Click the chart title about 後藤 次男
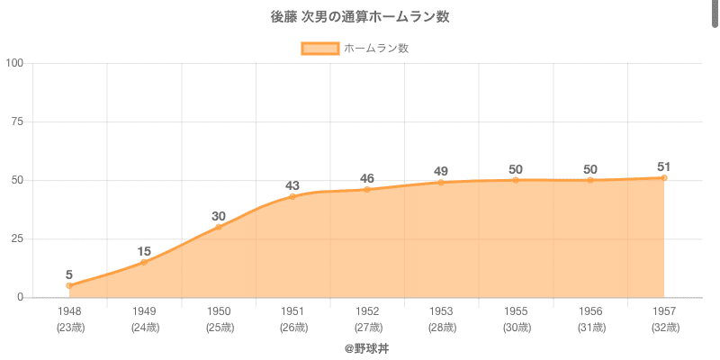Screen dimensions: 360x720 tap(360, 17)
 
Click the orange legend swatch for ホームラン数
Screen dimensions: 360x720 tap(319, 49)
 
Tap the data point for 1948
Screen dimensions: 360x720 tap(69, 285)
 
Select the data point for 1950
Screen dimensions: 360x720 tap(218, 227)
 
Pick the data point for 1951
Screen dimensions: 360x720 tap(292, 196)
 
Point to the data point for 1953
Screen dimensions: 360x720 tap(441, 183)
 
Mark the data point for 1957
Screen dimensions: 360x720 tap(664, 178)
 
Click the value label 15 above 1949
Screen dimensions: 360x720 tap(144, 251)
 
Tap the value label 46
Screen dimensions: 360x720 tap(367, 178)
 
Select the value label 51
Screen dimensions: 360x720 tap(664, 166)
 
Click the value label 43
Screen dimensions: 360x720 tap(292, 185)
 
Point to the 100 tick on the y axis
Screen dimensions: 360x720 tap(14, 63)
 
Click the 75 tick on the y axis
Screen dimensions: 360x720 tap(17, 121)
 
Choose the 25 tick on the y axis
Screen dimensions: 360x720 tap(17, 238)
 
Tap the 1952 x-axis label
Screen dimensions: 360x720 tap(367, 311)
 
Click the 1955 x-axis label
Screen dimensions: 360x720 tap(516, 311)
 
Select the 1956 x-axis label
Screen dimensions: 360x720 tap(589, 311)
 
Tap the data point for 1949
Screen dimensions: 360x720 tap(144, 262)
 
